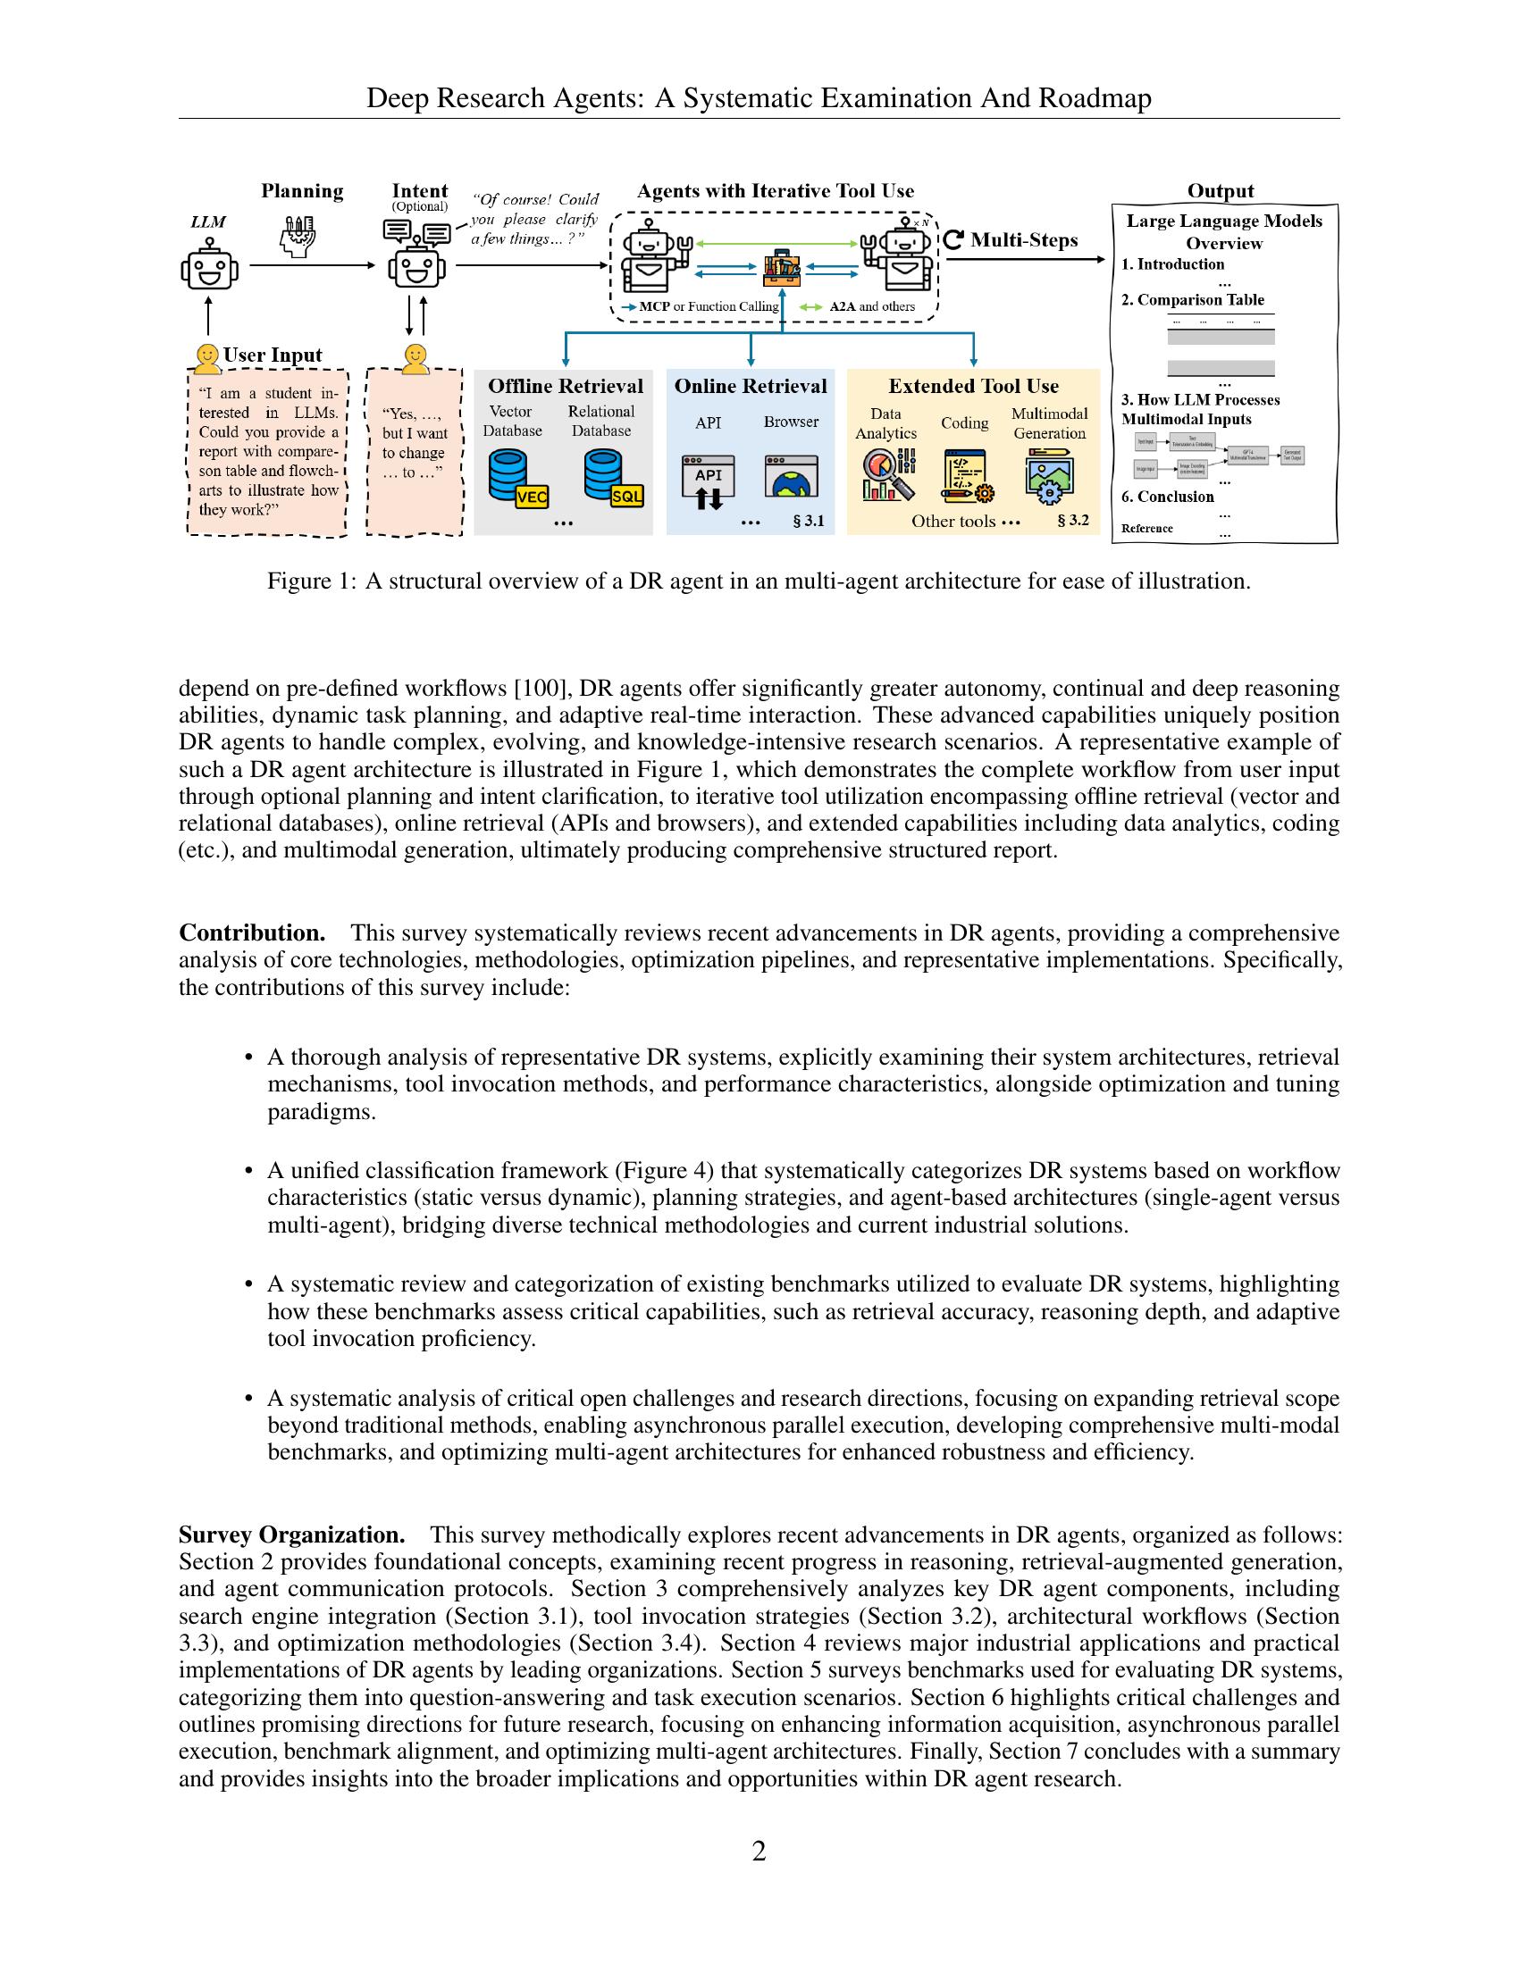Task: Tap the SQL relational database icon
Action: pos(612,479)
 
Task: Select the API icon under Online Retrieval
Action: pos(709,481)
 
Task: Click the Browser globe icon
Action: pos(791,477)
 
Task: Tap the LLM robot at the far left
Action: pos(209,266)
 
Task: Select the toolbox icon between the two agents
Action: pos(781,266)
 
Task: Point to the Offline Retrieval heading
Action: pos(565,386)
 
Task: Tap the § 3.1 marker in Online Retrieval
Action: pos(808,521)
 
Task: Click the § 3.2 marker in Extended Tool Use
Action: pos(1072,520)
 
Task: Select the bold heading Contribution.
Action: pos(251,932)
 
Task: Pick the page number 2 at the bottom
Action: pos(759,1851)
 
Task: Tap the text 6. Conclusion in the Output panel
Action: pos(1167,497)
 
